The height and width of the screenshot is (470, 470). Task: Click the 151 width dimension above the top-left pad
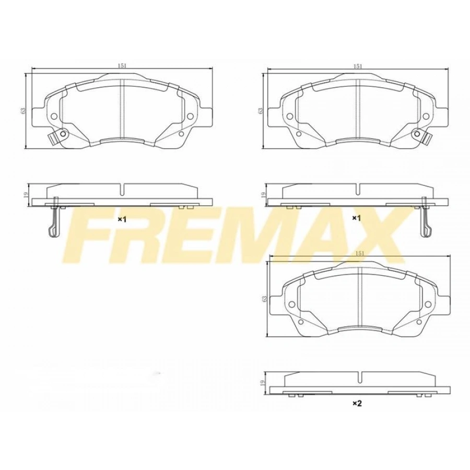[x=121, y=66]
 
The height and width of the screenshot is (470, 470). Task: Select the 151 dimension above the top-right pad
[x=357, y=66]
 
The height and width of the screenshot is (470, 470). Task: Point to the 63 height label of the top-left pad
[x=23, y=111]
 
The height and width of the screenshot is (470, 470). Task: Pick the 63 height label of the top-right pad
[x=260, y=111]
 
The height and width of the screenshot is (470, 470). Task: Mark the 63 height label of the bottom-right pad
[x=265, y=298]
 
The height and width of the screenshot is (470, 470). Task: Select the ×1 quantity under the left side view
[x=122, y=219]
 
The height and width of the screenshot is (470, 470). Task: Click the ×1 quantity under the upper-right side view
[x=357, y=218]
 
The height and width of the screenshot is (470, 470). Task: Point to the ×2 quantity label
[x=357, y=404]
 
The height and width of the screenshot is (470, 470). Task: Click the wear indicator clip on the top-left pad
[x=55, y=137]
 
